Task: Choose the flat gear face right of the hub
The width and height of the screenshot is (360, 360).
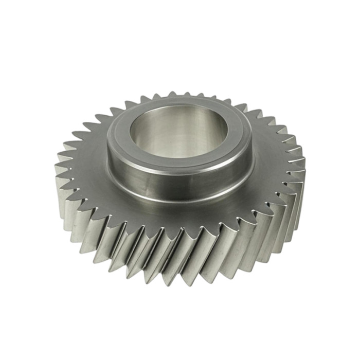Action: coord(273,159)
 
